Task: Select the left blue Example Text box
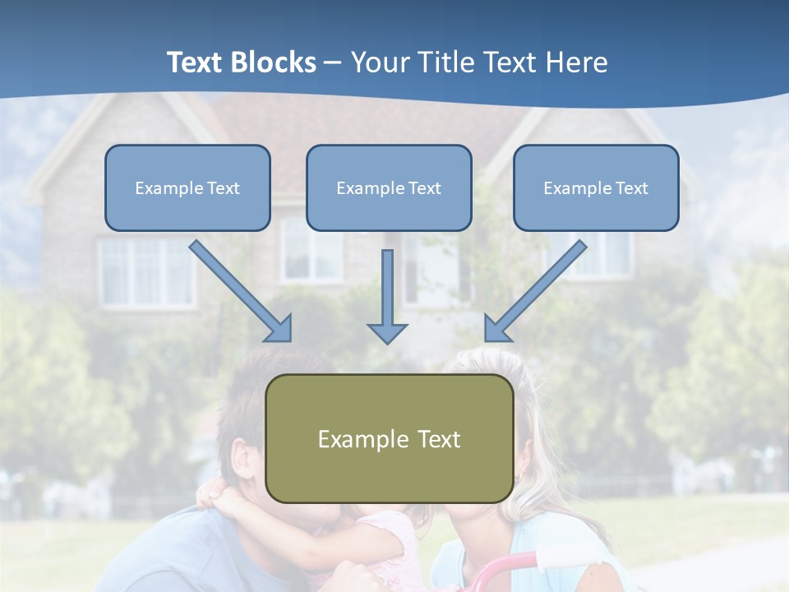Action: click(187, 188)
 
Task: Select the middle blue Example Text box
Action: click(389, 188)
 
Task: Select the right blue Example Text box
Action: click(596, 188)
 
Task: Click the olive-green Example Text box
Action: click(389, 439)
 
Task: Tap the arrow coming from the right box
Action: click(538, 288)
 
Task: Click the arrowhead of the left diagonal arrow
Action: click(279, 329)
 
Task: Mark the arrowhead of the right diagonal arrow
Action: click(496, 329)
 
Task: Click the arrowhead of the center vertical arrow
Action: click(387, 332)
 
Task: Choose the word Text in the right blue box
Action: click(631, 188)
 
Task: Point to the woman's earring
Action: click(518, 476)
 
